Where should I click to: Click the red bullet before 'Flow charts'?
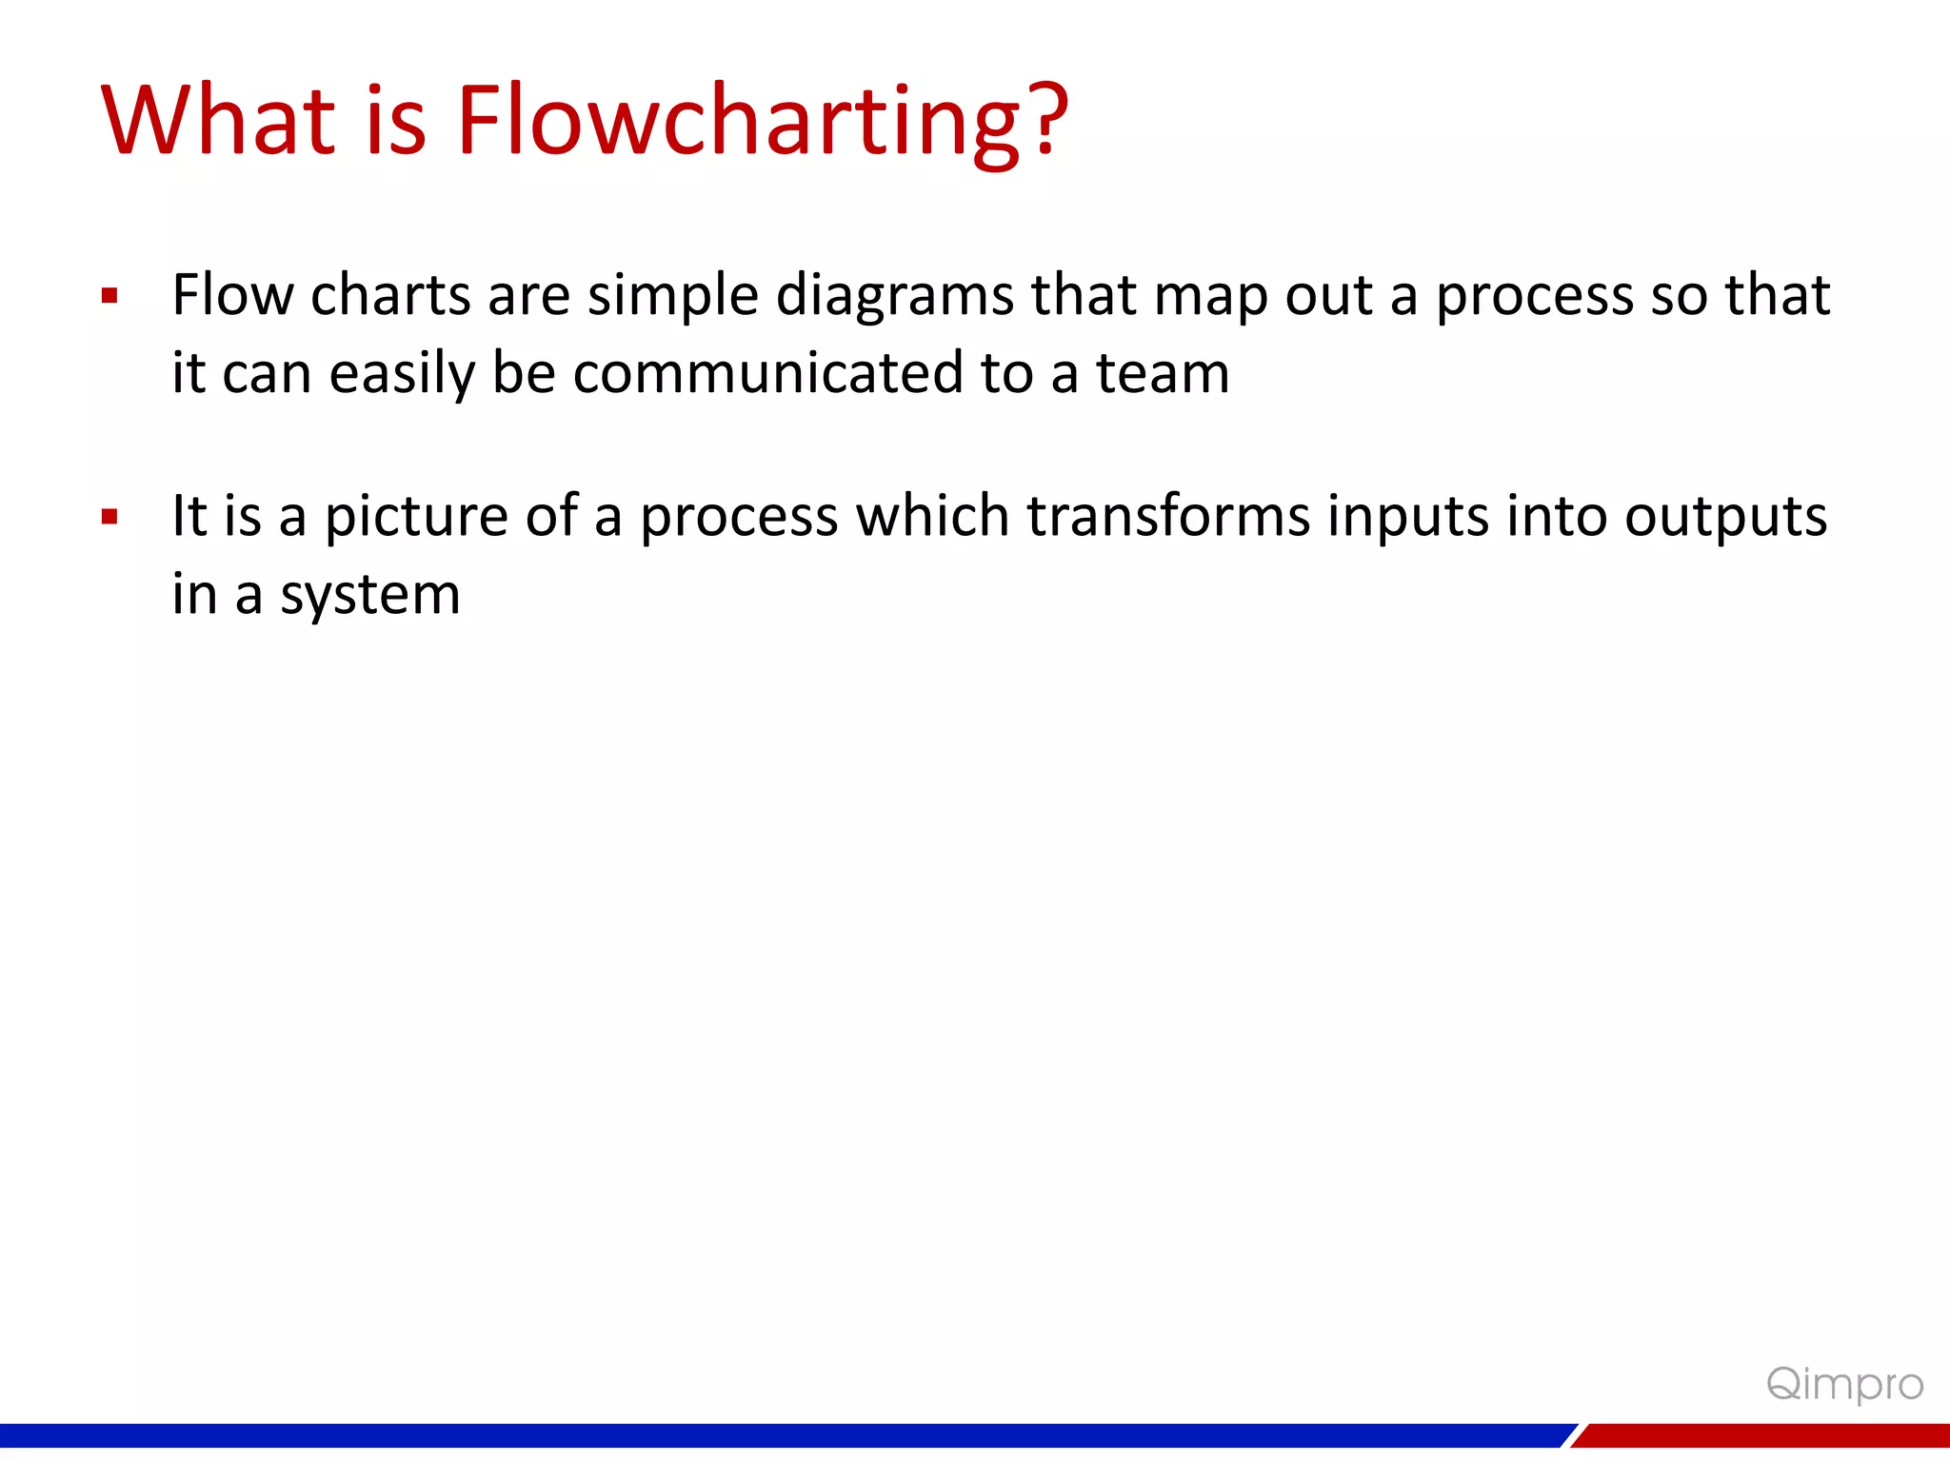[109, 296]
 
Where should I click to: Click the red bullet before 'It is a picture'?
[109, 517]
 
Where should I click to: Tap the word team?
[1163, 373]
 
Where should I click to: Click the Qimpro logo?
[1844, 1384]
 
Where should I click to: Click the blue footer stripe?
[762, 1435]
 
